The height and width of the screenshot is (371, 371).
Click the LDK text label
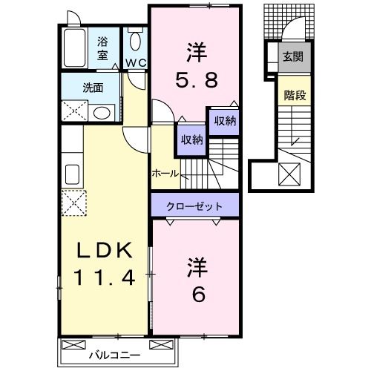tap(104, 252)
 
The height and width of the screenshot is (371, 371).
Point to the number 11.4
tap(104, 278)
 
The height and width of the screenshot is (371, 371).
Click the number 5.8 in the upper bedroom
tap(196, 79)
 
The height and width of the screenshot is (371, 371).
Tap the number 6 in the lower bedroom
tap(197, 294)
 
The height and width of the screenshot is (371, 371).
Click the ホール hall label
tap(165, 173)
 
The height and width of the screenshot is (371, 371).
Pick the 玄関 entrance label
tap(292, 56)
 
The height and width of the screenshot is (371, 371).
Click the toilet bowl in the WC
tap(134, 42)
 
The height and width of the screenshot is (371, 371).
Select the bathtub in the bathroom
tap(75, 48)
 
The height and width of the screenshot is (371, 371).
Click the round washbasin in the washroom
tap(102, 112)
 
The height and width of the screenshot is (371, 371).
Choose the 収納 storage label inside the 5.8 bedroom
tap(225, 121)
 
